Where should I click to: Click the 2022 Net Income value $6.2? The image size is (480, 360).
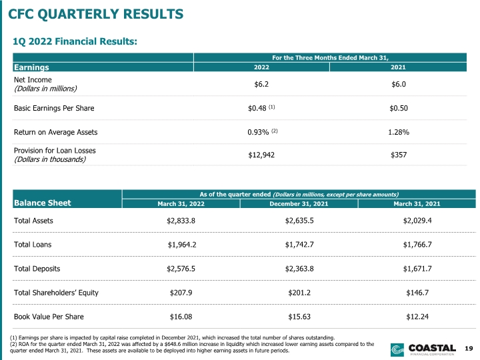(261, 84)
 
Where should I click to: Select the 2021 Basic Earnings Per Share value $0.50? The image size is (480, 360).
(399, 108)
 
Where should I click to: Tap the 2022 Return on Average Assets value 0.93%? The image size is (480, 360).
(258, 132)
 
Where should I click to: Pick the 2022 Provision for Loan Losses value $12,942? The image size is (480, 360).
(261, 155)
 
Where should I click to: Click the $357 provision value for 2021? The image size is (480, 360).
(399, 155)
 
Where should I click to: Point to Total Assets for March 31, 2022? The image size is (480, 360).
(181, 221)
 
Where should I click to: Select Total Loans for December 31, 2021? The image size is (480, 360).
(299, 245)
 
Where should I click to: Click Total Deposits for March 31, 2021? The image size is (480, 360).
(417, 269)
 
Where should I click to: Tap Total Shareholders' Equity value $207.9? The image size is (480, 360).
(181, 293)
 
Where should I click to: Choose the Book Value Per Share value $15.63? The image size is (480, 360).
(299, 317)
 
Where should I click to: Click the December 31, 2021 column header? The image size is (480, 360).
(299, 204)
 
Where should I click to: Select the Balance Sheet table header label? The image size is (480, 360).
(42, 203)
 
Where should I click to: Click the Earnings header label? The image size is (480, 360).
(31, 67)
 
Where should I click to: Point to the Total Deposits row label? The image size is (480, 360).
(37, 269)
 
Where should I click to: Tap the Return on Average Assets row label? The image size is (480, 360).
(56, 132)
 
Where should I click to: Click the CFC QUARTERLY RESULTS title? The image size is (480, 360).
(95, 14)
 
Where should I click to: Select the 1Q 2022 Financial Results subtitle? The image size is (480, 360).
(75, 41)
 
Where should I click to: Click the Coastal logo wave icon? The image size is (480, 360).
(397, 350)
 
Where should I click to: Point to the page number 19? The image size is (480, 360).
(469, 348)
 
